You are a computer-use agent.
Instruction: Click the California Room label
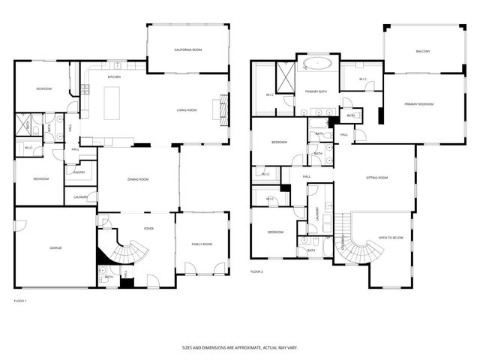[187, 49]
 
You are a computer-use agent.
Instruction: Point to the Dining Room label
[138, 179]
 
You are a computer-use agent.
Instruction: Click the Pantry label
[79, 172]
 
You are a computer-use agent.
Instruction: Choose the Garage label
[55, 247]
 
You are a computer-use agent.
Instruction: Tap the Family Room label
[201, 244]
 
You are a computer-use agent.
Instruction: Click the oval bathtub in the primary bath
[318, 64]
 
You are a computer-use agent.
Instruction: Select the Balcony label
[423, 52]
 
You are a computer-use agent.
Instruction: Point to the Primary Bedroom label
[418, 103]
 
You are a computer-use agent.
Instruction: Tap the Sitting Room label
[376, 178]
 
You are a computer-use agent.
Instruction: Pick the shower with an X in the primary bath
[285, 73]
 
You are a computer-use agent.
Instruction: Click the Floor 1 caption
[20, 301]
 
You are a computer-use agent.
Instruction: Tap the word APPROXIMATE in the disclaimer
[240, 347]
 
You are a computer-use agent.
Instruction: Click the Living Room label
[186, 110]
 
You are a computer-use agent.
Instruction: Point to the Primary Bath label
[315, 91]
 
